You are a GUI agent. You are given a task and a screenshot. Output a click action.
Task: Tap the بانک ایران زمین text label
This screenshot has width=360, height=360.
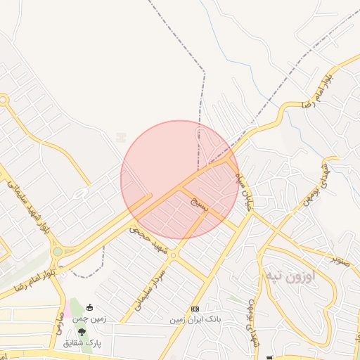tap(195, 320)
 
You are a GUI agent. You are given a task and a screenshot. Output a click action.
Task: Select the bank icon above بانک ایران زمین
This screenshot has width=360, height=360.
tap(195, 309)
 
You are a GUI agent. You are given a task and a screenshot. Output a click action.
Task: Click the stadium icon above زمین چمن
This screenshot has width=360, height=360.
tap(90, 308)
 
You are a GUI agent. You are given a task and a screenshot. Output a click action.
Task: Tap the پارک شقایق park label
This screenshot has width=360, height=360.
tap(82, 343)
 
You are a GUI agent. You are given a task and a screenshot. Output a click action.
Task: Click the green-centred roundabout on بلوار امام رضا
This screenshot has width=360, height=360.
tap(57, 251)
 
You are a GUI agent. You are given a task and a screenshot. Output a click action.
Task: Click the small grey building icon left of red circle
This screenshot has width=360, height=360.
tap(121, 136)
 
